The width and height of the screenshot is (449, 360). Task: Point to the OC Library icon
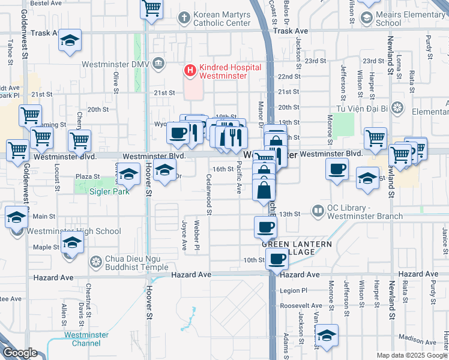pyautogui.click(x=317, y=211)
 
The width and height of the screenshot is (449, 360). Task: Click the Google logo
pyautogui.click(x=20, y=352)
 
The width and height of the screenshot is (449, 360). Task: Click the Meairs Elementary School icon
pyautogui.click(x=366, y=18)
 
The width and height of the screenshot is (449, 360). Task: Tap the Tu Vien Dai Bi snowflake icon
pyautogui.click(x=396, y=108)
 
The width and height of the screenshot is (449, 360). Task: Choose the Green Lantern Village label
pyautogui.click(x=296, y=248)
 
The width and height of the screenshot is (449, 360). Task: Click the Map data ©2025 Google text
pyautogui.click(x=412, y=355)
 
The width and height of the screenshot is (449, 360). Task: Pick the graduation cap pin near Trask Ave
pyautogui.click(x=70, y=41)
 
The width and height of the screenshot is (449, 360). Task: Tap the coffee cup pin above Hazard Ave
pyautogui.click(x=277, y=259)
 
